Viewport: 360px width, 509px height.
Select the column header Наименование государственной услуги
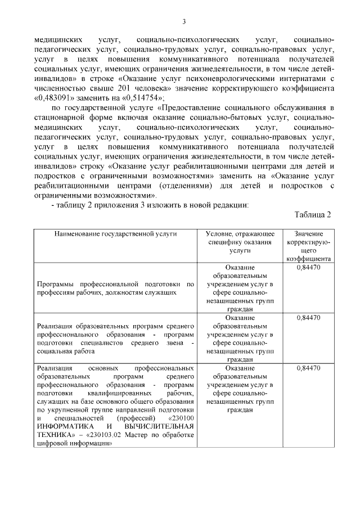(116, 233)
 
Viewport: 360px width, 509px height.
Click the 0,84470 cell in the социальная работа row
(308, 318)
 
